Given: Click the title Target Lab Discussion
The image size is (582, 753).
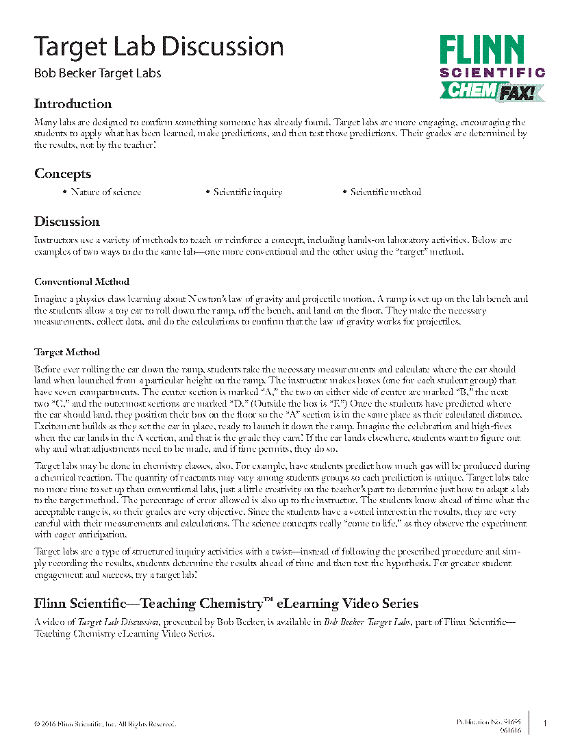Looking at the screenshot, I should tap(159, 47).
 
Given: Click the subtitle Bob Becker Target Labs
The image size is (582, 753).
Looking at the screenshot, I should tap(98, 73).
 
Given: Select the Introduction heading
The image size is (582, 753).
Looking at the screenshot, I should tap(73, 104).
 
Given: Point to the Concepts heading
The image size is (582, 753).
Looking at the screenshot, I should tap(62, 174).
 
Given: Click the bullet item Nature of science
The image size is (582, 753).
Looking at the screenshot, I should tap(106, 192).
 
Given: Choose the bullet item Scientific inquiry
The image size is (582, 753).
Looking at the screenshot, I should tap(247, 192).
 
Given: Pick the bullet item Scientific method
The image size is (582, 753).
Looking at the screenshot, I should tap(385, 192).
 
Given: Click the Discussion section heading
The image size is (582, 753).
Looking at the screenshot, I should tap(67, 222).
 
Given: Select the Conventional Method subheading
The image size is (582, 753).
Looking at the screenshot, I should tap(81, 281).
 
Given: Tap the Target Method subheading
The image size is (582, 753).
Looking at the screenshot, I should tap(67, 353).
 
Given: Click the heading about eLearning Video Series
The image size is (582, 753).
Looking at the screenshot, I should tap(226, 604).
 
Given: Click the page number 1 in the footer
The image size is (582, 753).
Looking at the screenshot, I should tap(544, 724).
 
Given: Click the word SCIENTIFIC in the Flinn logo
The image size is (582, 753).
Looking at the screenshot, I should tap(492, 72).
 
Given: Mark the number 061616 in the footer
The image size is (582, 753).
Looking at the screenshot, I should tap(510, 730).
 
